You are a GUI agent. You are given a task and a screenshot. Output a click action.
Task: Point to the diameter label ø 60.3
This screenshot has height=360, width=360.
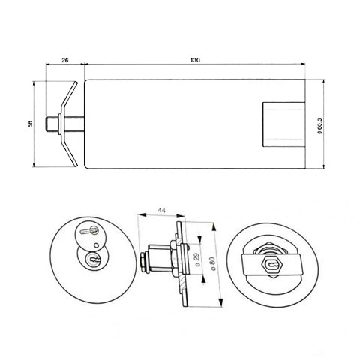[320, 124]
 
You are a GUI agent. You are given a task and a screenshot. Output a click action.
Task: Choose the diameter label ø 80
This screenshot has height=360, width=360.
[213, 264]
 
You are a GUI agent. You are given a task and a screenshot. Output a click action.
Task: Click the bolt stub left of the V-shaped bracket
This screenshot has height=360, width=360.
[52, 123]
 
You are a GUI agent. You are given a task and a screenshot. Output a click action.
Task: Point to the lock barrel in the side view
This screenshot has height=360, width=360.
[160, 261]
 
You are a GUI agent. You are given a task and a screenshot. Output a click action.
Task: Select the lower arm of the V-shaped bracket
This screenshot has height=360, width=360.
[68, 150]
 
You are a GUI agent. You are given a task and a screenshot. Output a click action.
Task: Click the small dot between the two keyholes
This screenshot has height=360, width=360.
[98, 244]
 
